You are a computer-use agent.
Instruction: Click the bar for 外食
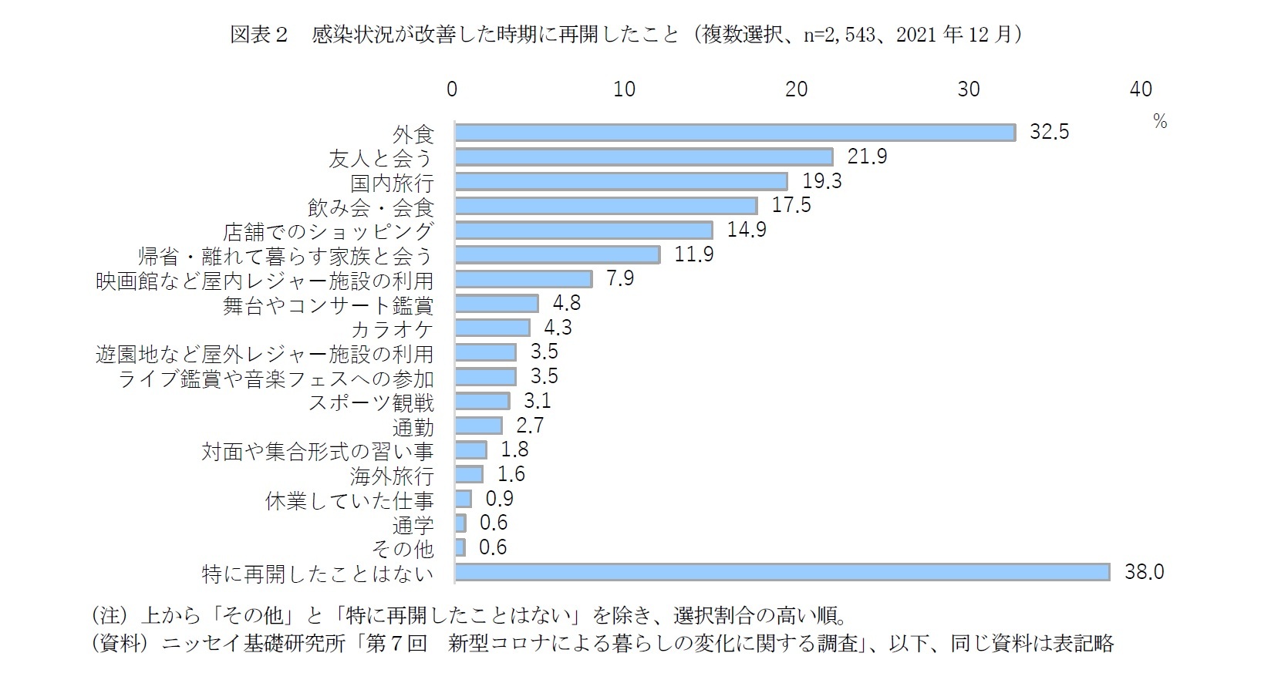734,133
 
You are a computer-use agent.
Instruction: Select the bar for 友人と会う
644,157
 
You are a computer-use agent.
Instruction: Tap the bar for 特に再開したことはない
782,572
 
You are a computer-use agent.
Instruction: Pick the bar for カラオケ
492,328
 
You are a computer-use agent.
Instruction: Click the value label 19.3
822,181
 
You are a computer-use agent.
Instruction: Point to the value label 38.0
1144,572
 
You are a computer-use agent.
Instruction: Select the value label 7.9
619,278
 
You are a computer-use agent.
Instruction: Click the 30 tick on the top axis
969,89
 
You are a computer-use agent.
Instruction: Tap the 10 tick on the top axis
624,89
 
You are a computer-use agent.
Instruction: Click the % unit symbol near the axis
1160,122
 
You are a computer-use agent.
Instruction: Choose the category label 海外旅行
392,476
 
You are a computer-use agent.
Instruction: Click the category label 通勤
413,427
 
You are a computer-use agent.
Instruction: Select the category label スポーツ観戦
371,402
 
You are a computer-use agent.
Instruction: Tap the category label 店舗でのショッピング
329,231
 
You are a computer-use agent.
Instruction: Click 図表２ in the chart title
258,35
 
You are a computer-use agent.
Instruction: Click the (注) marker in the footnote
108,616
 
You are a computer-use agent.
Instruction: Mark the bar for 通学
460,523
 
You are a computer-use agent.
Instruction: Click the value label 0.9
499,499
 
